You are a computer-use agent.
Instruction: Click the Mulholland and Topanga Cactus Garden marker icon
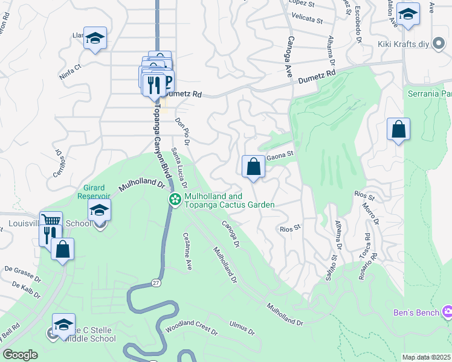pyautogui.click(x=175, y=199)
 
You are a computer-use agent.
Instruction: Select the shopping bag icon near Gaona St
pyautogui.click(x=253, y=167)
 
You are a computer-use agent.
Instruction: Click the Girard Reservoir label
pyautogui.click(x=94, y=191)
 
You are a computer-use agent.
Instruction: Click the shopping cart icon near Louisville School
pyautogui.click(x=51, y=221)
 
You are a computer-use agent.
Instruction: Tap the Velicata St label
pyautogui.click(x=307, y=19)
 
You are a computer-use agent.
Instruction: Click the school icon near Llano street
pyautogui.click(x=95, y=38)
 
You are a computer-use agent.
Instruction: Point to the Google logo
pyautogui.click(x=20, y=355)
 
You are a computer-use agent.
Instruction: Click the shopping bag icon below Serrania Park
pyautogui.click(x=398, y=129)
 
